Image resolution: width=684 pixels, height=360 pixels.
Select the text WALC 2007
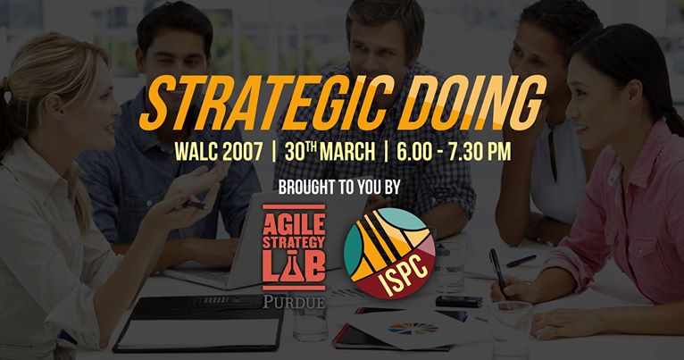point(219,152)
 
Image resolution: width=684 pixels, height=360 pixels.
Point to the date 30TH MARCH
point(329,152)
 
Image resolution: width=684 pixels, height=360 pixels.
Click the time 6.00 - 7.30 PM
point(454,152)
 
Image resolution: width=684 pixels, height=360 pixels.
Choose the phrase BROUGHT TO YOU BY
point(339,187)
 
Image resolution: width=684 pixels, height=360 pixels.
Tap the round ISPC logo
point(389,253)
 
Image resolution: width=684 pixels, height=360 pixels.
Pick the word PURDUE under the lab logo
point(294,302)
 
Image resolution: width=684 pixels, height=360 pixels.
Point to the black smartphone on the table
point(459,301)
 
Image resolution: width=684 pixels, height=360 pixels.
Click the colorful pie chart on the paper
point(413,328)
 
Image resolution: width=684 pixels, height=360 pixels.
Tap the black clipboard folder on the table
point(198,323)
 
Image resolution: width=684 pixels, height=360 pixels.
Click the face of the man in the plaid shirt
point(383,44)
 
